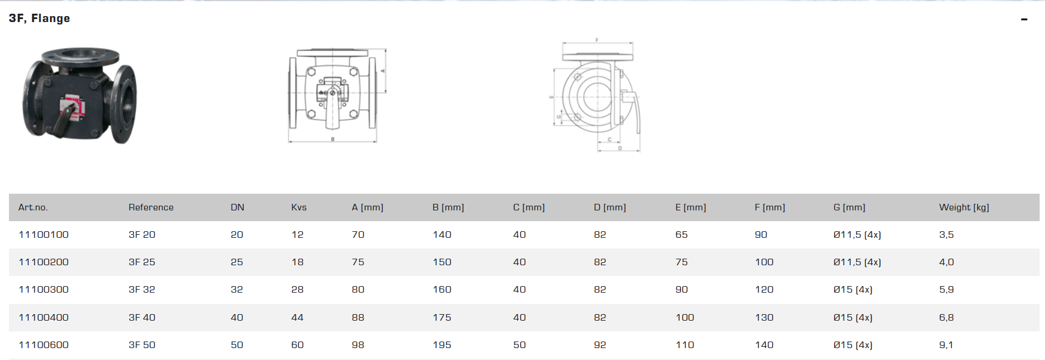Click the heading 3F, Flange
pos(39,18)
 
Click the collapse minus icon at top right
pos(1024,20)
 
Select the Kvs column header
pos(298,207)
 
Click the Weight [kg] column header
pos(963,207)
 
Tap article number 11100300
pos(43,290)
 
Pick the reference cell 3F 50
pos(142,345)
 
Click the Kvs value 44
pos(297,318)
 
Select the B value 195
pos(441,345)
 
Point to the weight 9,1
pos(946,345)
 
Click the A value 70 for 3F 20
pos(357,235)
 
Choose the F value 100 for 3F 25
pos(764,262)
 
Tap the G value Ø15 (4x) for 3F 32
pos(853,290)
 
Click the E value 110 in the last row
pos(685,345)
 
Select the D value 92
pos(600,345)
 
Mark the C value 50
pos(519,345)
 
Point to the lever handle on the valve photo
pos(63,122)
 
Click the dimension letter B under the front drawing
pos(332,139)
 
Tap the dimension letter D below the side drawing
pos(620,148)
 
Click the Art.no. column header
pos(33,207)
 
